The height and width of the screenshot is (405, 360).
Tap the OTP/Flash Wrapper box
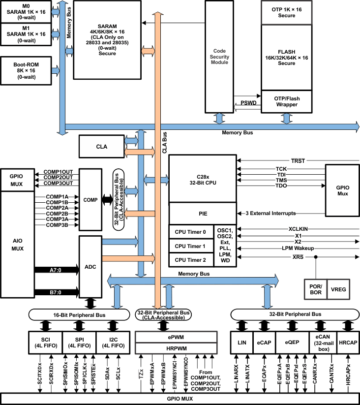(x=286, y=102)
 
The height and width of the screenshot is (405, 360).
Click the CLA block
(x=102, y=147)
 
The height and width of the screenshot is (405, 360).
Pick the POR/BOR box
(x=315, y=289)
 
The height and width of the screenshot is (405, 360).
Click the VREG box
(x=339, y=289)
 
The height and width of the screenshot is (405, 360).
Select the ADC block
(x=91, y=266)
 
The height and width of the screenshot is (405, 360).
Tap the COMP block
(x=90, y=200)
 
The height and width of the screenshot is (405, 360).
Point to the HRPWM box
(x=176, y=348)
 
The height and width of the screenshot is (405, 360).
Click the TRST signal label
(x=298, y=161)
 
